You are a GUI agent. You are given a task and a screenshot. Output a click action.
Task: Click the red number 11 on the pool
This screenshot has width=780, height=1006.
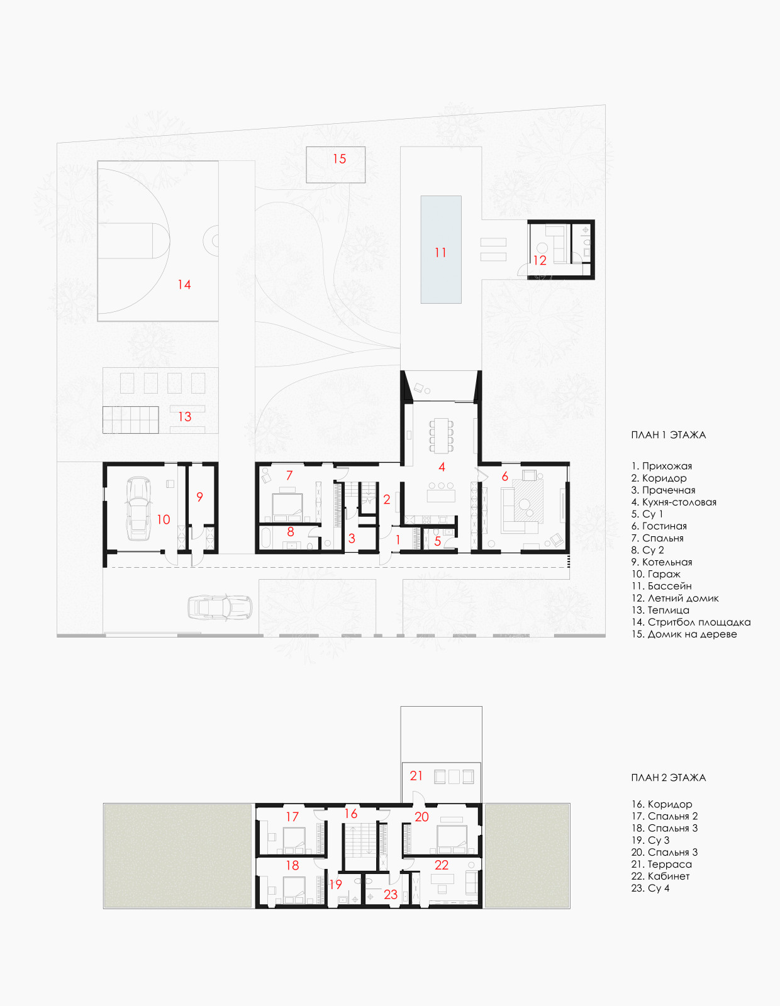click(440, 253)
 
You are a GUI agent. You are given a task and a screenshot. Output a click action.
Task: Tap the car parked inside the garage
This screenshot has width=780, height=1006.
click(138, 508)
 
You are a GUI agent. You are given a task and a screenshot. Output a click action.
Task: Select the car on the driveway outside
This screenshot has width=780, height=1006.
click(220, 607)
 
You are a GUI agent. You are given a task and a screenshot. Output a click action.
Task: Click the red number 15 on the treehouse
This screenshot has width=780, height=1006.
click(339, 159)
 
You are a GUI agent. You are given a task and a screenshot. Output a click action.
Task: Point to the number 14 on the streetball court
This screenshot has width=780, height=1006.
click(184, 284)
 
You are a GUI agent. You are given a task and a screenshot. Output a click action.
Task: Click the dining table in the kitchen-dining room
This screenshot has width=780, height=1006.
click(442, 434)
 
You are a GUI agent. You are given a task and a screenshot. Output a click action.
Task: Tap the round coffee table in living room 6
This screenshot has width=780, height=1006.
click(526, 505)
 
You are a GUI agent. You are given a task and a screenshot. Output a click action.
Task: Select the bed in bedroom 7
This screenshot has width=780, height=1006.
click(287, 507)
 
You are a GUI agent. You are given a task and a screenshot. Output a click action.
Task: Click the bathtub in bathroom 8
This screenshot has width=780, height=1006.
click(267, 538)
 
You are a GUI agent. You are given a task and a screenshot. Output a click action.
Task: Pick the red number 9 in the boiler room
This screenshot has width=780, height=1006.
click(199, 497)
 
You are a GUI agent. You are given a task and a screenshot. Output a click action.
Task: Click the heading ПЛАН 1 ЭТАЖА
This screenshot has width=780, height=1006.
click(669, 434)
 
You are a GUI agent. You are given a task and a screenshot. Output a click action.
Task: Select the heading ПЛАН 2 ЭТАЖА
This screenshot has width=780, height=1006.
click(669, 777)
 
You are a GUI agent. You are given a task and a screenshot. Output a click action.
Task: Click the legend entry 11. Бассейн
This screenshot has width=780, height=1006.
click(662, 586)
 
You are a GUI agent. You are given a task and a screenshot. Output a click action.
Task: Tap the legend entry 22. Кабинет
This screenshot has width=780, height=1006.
click(660, 876)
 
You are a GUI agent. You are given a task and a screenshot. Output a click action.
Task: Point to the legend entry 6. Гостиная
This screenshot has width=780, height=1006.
click(659, 526)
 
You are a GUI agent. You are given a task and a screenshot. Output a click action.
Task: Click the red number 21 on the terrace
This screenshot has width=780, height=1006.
click(416, 775)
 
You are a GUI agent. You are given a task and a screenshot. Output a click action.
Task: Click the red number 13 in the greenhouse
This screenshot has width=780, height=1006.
click(185, 417)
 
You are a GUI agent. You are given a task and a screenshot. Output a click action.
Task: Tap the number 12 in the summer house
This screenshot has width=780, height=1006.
click(540, 261)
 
